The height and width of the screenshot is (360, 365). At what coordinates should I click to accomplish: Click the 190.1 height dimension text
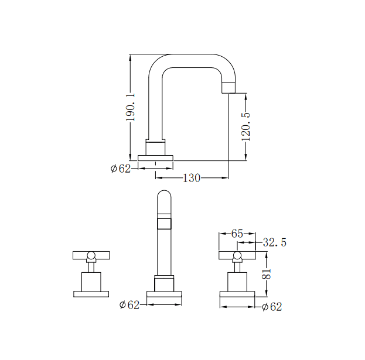[x=130, y=107]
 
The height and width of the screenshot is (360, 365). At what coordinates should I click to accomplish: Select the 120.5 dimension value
[x=246, y=126]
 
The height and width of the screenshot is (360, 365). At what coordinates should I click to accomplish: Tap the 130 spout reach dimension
[x=192, y=178]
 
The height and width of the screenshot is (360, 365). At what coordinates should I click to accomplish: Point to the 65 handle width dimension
[x=237, y=234]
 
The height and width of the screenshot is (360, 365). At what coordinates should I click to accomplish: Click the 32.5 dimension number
[x=274, y=242]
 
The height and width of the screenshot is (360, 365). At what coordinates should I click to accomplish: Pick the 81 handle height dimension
[x=267, y=274]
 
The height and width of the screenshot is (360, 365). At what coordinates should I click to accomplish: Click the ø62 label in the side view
[x=121, y=169]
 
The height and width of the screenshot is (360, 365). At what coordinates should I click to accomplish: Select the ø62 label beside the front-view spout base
[x=129, y=305]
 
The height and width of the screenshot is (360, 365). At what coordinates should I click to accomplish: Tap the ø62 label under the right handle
[x=272, y=307]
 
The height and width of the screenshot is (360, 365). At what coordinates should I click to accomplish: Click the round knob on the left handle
[x=91, y=255]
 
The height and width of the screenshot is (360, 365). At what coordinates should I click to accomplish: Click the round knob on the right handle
[x=237, y=255]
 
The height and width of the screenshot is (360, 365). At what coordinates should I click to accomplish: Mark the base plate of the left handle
[x=91, y=294]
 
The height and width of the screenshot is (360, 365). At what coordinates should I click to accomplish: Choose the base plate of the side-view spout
[x=155, y=158]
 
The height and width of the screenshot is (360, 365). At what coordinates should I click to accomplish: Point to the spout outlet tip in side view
[x=228, y=88]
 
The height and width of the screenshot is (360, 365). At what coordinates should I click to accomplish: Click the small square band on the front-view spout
[x=164, y=224]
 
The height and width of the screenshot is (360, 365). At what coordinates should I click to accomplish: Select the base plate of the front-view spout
[x=164, y=294]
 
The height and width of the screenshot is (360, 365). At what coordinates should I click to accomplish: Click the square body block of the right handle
[x=237, y=282]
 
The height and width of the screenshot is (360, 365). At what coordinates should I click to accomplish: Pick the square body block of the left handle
[x=91, y=282]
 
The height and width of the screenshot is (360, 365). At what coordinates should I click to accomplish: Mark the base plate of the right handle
[x=237, y=294]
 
